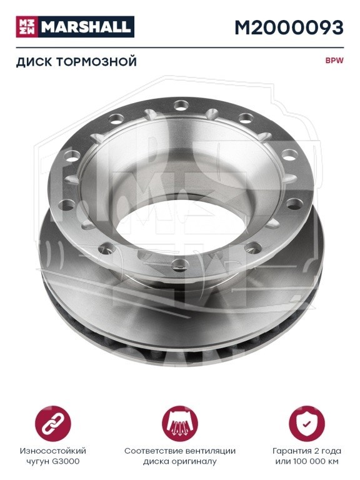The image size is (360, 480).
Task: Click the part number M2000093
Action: pyautogui.click(x=289, y=27)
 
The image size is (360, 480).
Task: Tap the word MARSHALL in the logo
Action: pyautogui.click(x=86, y=27)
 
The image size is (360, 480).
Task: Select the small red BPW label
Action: pyautogui.click(x=334, y=60)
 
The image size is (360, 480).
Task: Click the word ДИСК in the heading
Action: pyautogui.click(x=34, y=62)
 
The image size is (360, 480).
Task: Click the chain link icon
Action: pyautogui.click(x=53, y=424)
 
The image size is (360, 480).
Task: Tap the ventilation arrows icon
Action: pyautogui.click(x=180, y=424)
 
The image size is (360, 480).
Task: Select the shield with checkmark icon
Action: pyautogui.click(x=307, y=424)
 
